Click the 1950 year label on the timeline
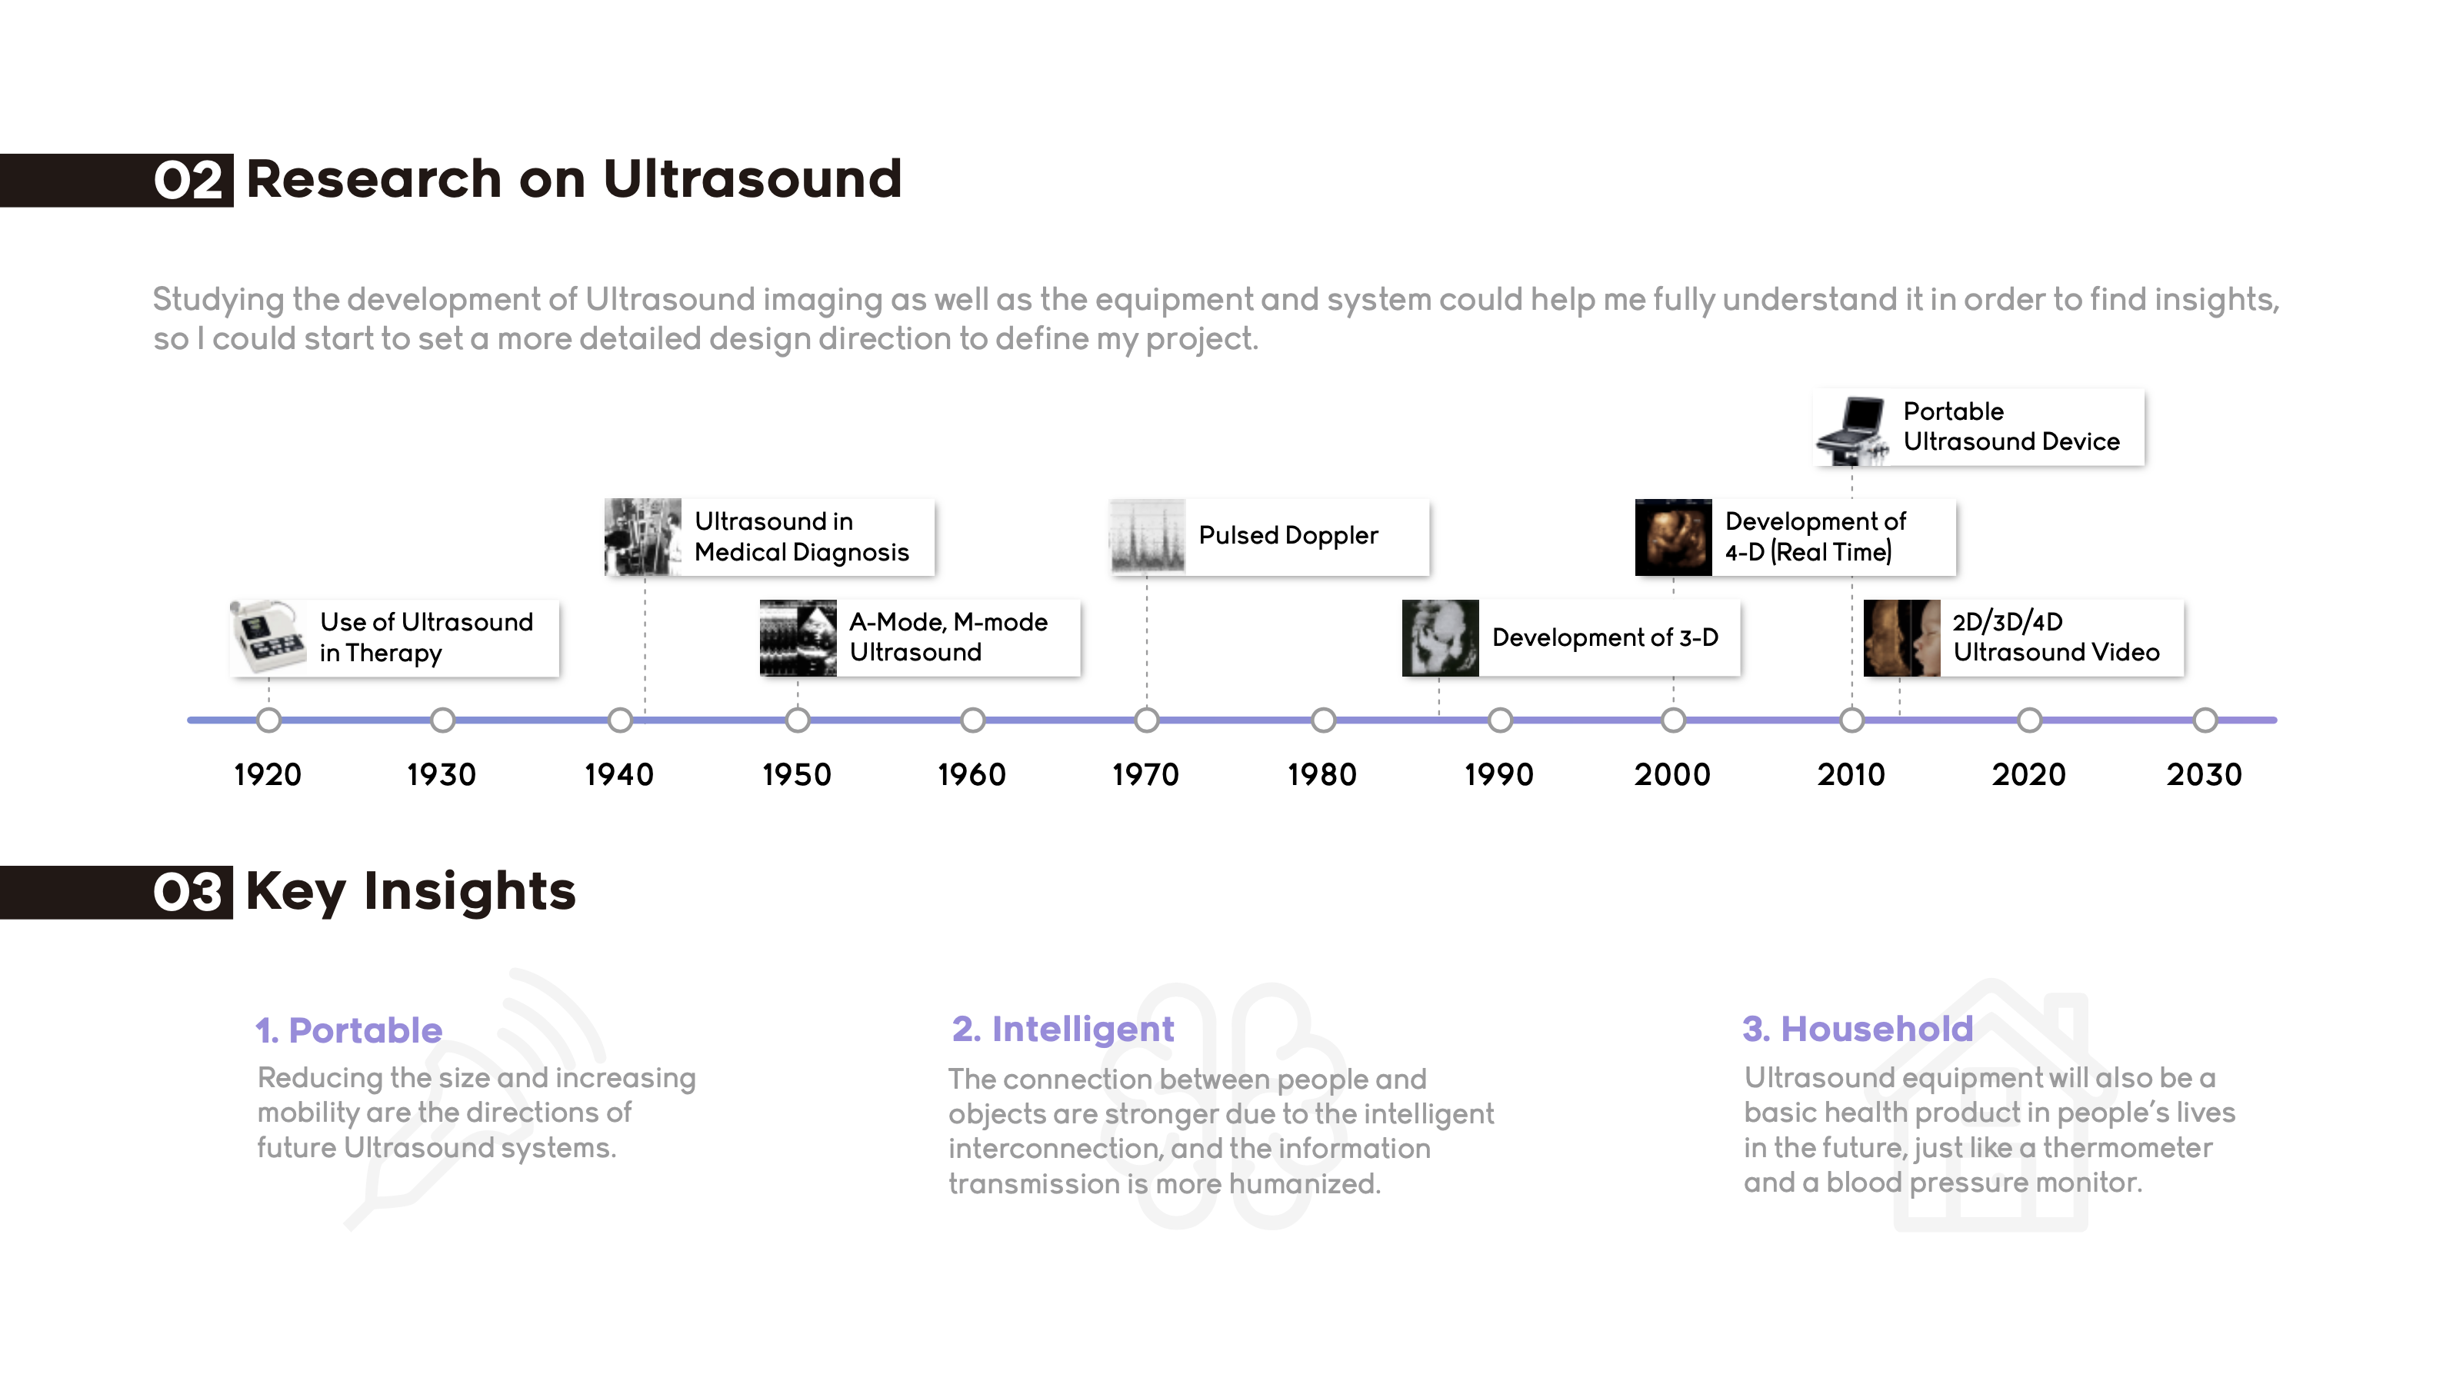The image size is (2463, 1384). [x=796, y=774]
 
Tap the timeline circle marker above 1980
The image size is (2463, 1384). [x=1323, y=720]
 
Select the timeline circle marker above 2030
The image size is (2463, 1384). [x=2205, y=720]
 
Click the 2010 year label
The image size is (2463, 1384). [x=1851, y=774]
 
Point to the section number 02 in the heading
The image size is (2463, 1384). [x=189, y=181]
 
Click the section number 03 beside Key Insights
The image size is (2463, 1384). [x=189, y=893]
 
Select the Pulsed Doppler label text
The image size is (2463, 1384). [x=1288, y=535]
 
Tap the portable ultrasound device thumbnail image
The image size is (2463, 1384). [x=1852, y=429]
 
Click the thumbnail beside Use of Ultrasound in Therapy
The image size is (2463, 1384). [x=268, y=637]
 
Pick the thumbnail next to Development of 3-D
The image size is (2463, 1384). [x=1440, y=638]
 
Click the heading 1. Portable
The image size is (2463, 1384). [x=349, y=1030]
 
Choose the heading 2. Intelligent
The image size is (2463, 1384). [x=1062, y=1029]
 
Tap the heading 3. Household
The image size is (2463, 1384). [x=1857, y=1029]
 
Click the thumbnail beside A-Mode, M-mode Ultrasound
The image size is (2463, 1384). [x=798, y=638]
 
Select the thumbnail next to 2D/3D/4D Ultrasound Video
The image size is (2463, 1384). [x=1901, y=638]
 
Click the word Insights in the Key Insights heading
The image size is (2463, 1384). [x=469, y=891]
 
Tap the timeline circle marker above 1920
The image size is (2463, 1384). [x=268, y=720]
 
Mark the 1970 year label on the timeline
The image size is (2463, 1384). [x=1145, y=774]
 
